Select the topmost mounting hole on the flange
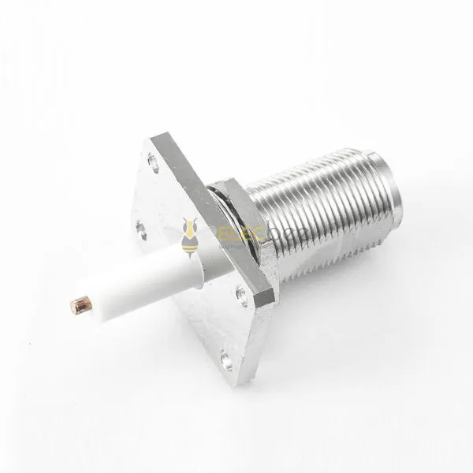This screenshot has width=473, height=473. (154, 163)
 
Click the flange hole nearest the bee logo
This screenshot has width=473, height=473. (142, 230)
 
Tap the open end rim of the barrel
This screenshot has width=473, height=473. (389, 193)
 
